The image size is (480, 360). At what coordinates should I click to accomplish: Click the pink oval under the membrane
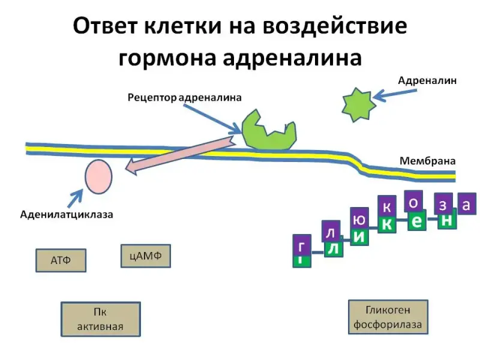coord(98,176)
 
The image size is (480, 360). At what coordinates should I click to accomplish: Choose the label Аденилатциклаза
coord(67,214)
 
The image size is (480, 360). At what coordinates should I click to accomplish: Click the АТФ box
coord(60,261)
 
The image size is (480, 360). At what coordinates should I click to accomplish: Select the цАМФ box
coord(145,256)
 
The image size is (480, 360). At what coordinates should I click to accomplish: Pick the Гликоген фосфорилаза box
coord(388,317)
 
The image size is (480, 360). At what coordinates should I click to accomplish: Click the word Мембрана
coord(428,161)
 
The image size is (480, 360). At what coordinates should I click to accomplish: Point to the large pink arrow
coord(180,155)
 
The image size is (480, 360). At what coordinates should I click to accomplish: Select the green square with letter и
coord(359,235)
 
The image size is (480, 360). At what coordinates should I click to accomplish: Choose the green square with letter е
coord(417,222)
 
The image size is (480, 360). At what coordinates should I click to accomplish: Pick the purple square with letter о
coord(413,202)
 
